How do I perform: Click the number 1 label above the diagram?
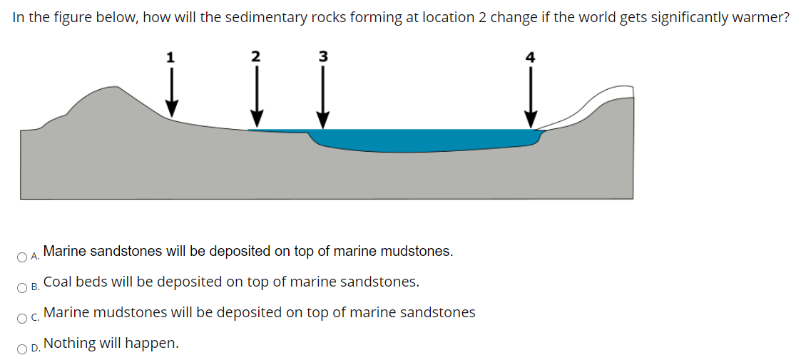click(x=170, y=58)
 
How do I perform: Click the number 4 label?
click(x=529, y=58)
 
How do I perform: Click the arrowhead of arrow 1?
click(x=171, y=110)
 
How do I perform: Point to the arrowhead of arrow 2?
click(x=257, y=118)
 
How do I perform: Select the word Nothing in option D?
click(x=69, y=343)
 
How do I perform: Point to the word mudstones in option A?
click(x=419, y=251)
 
